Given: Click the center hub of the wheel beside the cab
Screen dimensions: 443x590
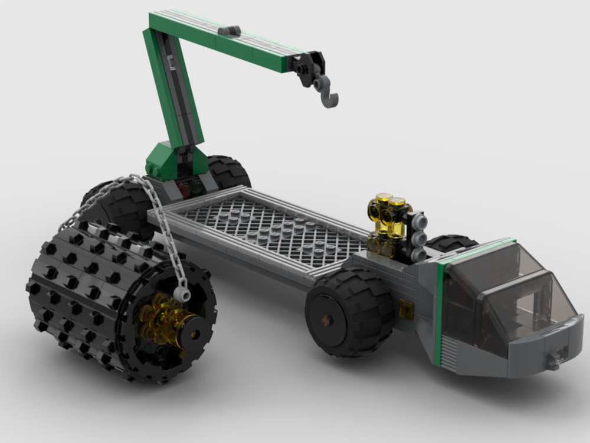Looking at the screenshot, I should pos(326,320).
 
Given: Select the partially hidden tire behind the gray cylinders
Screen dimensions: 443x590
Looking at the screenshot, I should pos(452,243).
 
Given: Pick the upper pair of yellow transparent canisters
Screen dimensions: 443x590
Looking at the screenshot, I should pos(389,207).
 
